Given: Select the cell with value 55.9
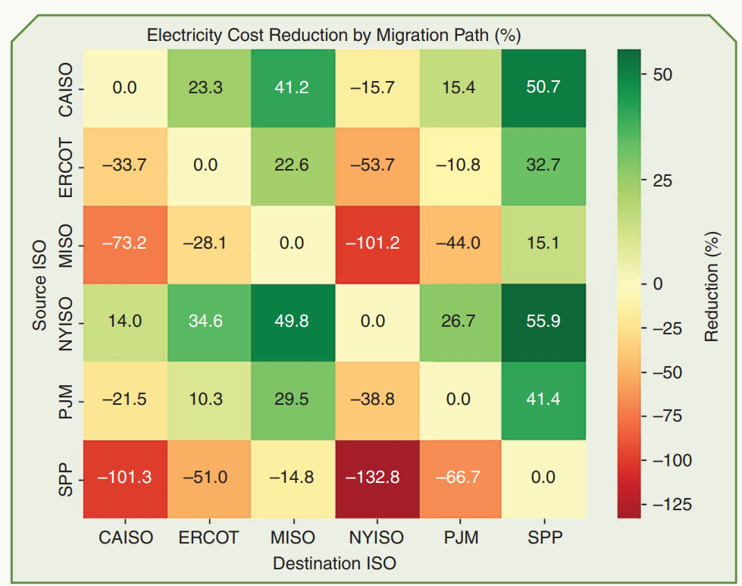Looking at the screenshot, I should tap(543, 321).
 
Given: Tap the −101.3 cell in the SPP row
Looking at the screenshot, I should tap(125, 478).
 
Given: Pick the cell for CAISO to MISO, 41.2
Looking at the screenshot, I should tap(293, 87).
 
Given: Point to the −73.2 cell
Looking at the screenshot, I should tap(125, 243).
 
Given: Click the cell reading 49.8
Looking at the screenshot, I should tap(293, 321).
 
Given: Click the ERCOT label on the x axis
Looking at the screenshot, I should tap(208, 537).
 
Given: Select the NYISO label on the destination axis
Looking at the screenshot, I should tap(376, 537).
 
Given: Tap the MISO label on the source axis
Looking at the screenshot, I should tap(66, 243).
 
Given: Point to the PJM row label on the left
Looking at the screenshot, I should tap(66, 400).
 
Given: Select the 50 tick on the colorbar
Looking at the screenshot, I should tap(662, 75).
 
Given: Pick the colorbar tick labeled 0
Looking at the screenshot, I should tap(658, 284).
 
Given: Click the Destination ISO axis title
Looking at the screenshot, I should tap(334, 563).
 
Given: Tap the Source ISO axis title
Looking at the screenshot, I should tap(39, 284).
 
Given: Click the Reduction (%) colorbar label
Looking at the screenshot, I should tap(712, 284).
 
